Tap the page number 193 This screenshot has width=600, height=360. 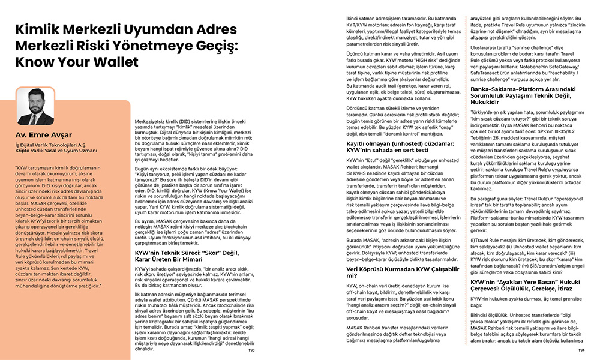click(251, 349)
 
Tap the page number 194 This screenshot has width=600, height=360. click(581, 349)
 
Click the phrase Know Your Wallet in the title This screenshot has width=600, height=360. click(76, 62)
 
